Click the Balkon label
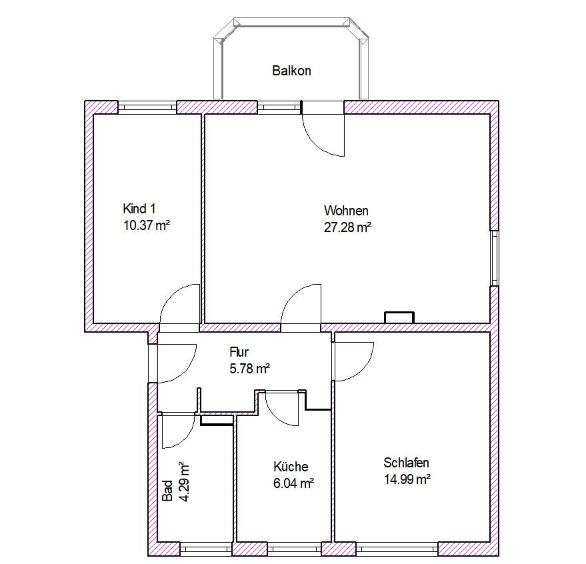[291, 71]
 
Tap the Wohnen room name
[346, 211]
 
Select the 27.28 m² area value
[347, 227]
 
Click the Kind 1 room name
[139, 209]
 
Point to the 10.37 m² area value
[147, 225]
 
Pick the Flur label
[239, 352]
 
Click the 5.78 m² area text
[249, 369]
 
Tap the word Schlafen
[406, 463]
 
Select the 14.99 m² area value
[407, 479]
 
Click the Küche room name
[291, 467]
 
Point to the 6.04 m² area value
[293, 483]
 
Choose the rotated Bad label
[167, 491]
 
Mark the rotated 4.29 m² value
[184, 481]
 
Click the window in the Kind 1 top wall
[147, 107]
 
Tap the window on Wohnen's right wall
[495, 258]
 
